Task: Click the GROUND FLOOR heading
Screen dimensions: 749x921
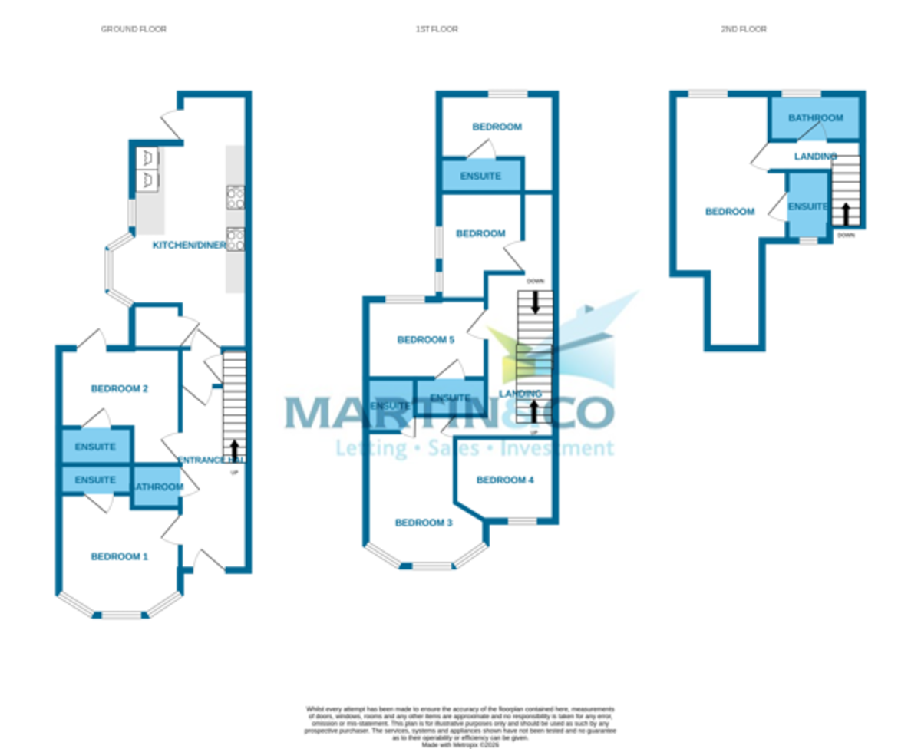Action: [x=134, y=29]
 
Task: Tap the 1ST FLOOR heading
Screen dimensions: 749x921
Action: [x=437, y=29]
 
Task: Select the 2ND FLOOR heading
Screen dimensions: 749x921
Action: [x=743, y=29]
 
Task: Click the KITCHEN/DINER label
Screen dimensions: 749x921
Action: [x=189, y=246]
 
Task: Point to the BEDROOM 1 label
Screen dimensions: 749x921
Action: [x=119, y=556]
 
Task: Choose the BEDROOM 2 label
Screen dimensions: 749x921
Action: [x=119, y=388]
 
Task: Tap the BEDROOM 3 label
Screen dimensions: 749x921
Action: [x=423, y=523]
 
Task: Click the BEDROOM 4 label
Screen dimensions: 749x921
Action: [x=505, y=480]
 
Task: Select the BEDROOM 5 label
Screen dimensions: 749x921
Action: [x=425, y=340]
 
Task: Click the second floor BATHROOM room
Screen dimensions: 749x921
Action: [x=815, y=118]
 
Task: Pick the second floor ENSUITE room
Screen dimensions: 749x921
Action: [x=808, y=206]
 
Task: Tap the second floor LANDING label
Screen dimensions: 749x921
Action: [x=815, y=157]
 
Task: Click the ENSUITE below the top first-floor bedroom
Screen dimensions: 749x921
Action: [x=480, y=176]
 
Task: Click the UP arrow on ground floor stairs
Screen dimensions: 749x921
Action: [x=234, y=447]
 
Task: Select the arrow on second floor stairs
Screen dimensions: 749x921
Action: [x=846, y=213]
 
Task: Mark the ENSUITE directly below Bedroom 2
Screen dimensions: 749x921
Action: [x=95, y=447]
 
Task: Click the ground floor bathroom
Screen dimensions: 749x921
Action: [x=157, y=487]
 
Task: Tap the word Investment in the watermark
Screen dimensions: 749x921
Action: [x=557, y=448]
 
